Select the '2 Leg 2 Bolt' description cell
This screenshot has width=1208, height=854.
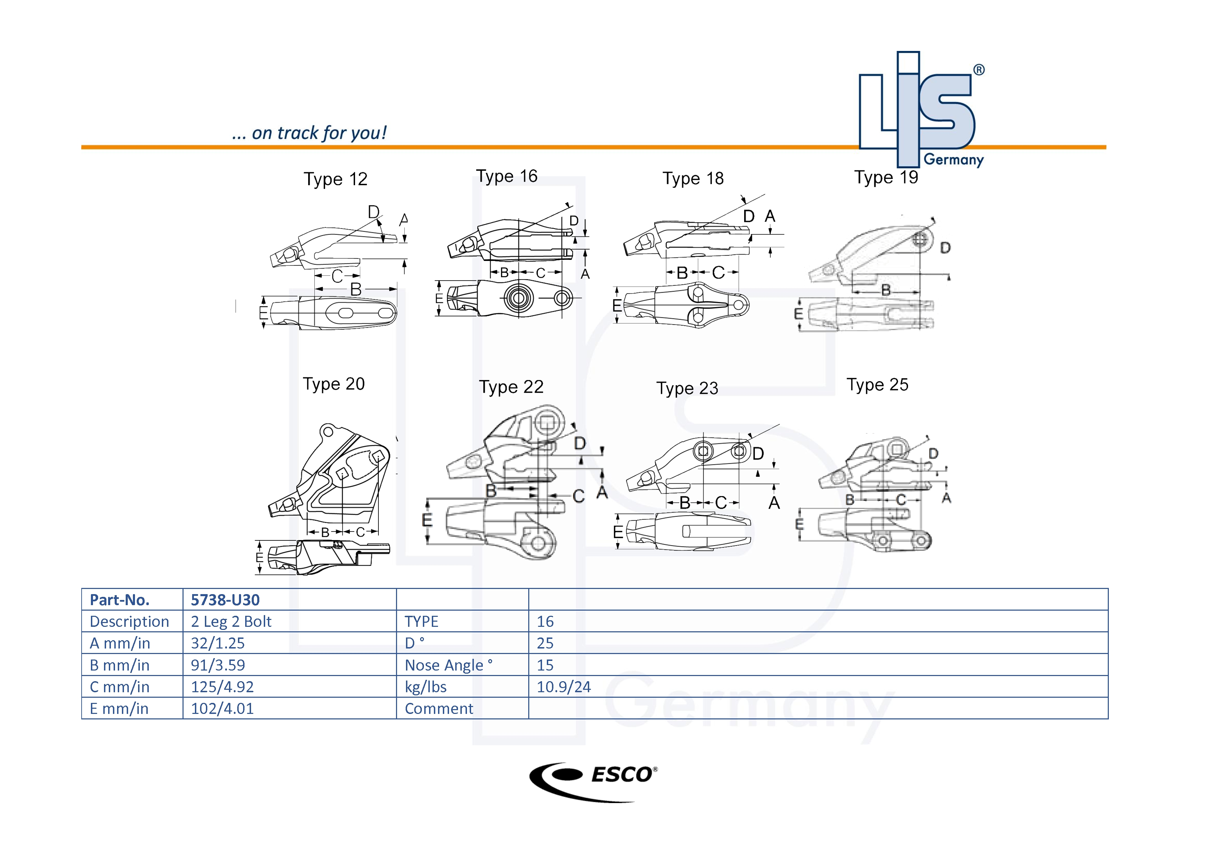click(231, 622)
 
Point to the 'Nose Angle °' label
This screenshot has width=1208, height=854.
click(448, 665)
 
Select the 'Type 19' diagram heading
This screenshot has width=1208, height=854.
click(886, 177)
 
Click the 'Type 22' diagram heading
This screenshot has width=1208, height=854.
click(511, 387)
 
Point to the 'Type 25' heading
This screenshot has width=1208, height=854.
click(877, 385)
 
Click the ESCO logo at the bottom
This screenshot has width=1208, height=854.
click(593, 781)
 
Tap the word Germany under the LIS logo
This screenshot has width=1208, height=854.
click(954, 160)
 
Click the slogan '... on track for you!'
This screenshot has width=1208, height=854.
click(309, 133)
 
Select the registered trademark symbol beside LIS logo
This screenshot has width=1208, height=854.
click(979, 70)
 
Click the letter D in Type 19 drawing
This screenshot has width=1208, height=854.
click(945, 248)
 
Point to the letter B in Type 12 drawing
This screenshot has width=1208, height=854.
click(356, 289)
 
